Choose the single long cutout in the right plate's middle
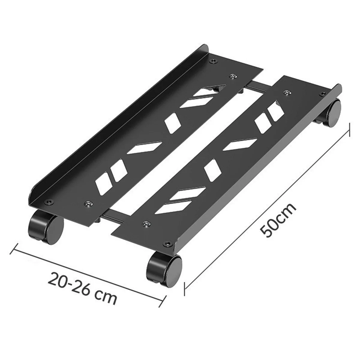pos(240,144)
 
